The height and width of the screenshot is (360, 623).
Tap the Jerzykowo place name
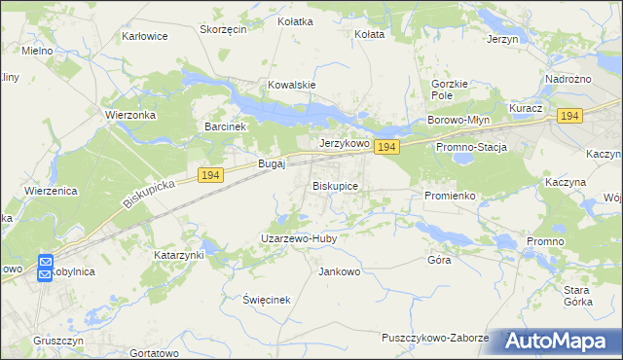(345, 143)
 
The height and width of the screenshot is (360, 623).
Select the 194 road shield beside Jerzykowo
(386, 147)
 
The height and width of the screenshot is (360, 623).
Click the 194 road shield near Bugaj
(211, 174)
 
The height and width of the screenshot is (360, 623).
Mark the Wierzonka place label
(129, 112)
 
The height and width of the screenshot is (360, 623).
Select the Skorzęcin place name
(223, 29)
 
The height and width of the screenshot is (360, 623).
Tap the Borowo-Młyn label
(457, 121)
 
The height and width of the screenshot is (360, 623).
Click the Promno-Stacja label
(472, 146)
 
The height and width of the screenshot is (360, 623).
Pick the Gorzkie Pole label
(450, 90)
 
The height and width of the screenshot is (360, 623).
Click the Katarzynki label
(179, 255)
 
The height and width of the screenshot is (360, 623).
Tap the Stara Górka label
(577, 296)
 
